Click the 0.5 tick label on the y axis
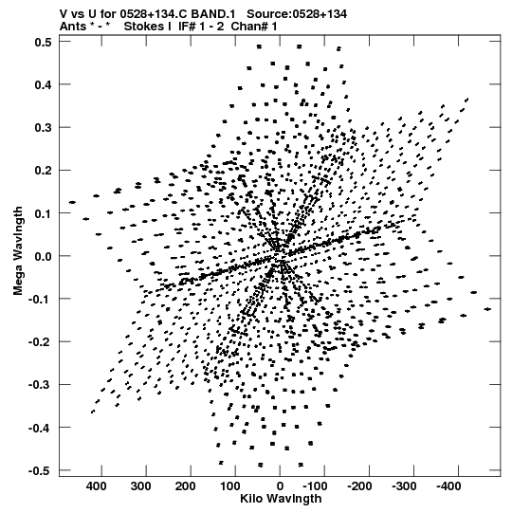click(44, 43)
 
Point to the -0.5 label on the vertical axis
click(40, 471)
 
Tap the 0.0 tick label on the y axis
click(44, 256)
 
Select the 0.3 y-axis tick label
click(44, 128)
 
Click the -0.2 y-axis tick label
click(40, 342)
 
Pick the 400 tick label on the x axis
click(97, 486)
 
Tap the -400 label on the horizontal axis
click(448, 486)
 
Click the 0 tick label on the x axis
click(280, 486)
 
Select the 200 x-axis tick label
click(186, 486)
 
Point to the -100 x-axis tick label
click(315, 486)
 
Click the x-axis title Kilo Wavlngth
click(281, 499)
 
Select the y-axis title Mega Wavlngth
click(18, 251)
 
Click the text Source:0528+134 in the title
click(297, 14)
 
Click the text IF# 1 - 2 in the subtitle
click(201, 27)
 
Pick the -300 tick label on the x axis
click(404, 486)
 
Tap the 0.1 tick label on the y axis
click(44, 213)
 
